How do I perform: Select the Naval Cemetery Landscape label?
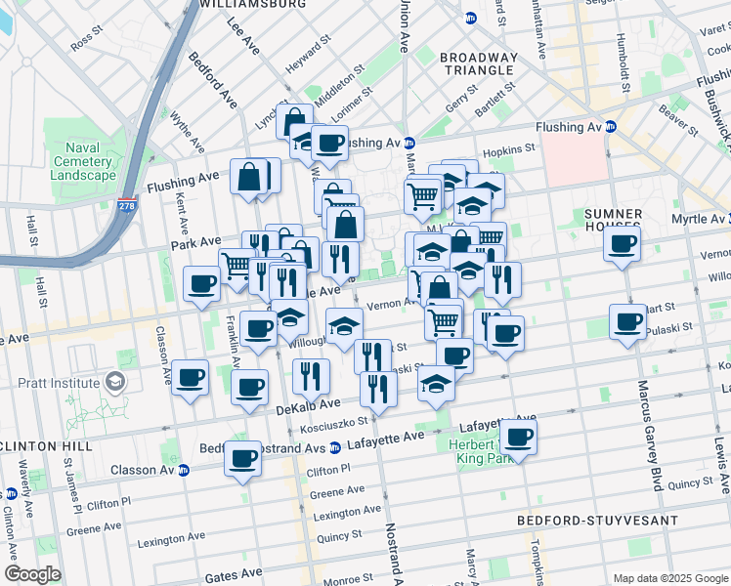[x=84, y=161]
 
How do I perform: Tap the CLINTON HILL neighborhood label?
[x=46, y=445]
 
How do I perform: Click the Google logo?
[x=33, y=574]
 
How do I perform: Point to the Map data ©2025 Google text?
[x=669, y=578]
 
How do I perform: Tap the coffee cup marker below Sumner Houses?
[x=622, y=244]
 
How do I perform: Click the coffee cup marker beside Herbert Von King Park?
[x=518, y=437]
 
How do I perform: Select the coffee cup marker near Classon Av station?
[x=242, y=458]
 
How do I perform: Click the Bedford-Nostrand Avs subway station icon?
[x=335, y=448]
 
